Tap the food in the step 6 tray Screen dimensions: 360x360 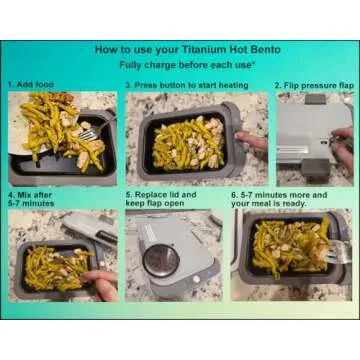(x=285, y=250)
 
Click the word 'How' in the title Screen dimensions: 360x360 (x=105, y=47)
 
